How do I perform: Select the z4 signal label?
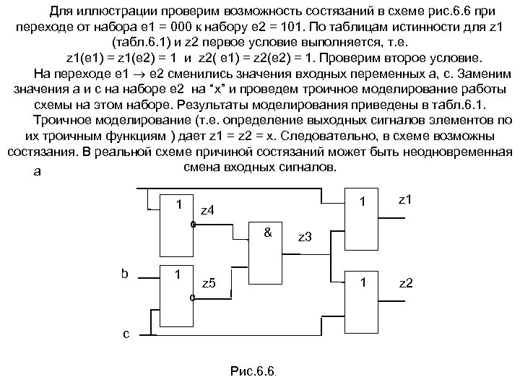pos(207,210)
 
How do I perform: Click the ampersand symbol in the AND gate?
pos(267,233)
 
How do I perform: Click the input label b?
pos(124,274)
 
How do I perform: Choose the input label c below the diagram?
pos(126,334)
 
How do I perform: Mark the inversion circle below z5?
pos(193,297)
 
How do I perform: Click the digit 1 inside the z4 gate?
pos(178,204)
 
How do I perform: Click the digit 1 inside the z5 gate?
pos(178,275)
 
